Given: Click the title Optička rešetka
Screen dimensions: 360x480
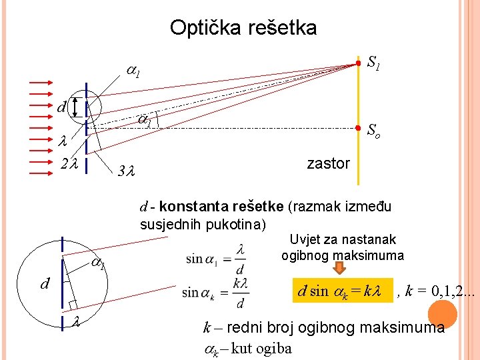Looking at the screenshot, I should coord(243,28).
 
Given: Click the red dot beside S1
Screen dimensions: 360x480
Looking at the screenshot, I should coord(358,63).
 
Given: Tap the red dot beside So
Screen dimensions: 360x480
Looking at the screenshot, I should coord(358,127).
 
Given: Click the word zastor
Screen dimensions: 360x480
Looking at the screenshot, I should coord(328,163).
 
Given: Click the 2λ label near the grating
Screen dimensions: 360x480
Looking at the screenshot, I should coord(69,162).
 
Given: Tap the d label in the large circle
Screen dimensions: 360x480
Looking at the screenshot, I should coord(45,285).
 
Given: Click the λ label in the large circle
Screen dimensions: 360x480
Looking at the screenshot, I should coord(76,323).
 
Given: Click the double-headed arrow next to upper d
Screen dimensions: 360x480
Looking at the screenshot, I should coord(75,107).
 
